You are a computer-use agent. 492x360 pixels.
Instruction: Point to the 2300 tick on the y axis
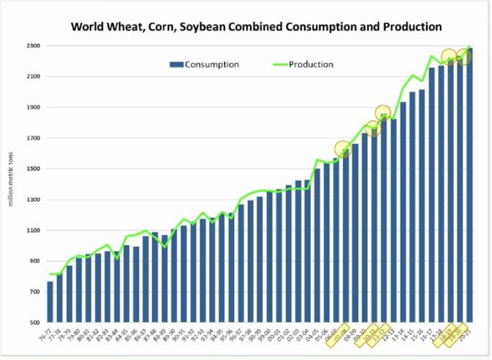(34, 46)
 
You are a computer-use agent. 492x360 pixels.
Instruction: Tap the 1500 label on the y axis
(34, 169)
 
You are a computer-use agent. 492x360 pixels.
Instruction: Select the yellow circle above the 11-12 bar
(382, 113)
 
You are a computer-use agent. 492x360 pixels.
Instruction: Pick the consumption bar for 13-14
(403, 212)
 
